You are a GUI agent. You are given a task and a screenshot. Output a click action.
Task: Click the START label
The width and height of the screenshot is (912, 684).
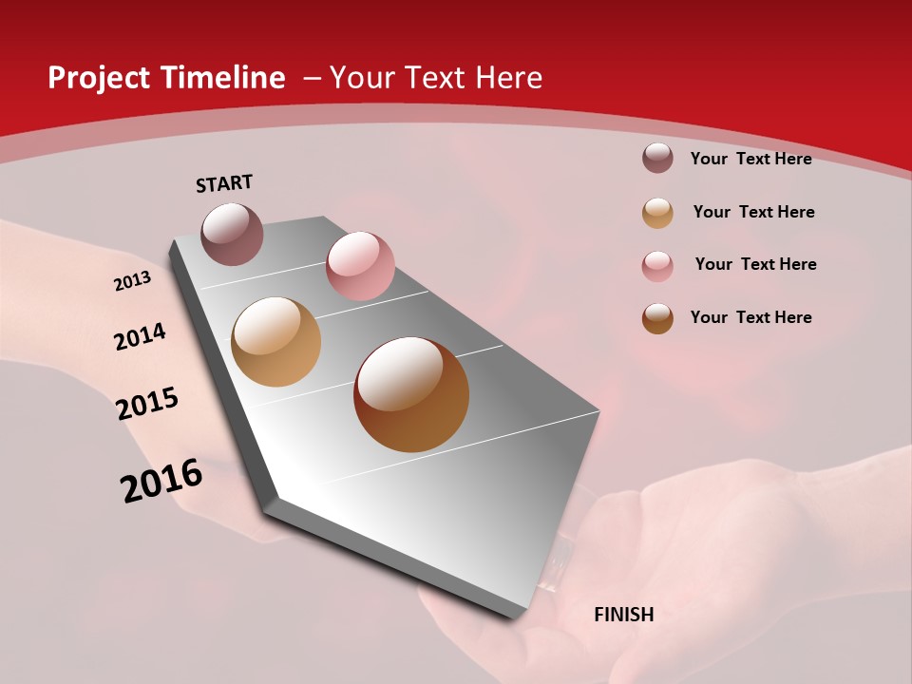(224, 183)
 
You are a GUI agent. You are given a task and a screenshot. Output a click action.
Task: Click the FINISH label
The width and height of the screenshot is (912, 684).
(623, 615)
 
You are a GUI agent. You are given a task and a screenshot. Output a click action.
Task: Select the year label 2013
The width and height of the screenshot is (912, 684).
(132, 281)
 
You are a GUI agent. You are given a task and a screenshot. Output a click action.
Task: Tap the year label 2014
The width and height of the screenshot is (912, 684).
(140, 337)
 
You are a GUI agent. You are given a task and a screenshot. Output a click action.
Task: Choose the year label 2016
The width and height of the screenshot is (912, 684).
(161, 481)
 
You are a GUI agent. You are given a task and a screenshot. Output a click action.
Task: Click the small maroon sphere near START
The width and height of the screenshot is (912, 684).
(232, 234)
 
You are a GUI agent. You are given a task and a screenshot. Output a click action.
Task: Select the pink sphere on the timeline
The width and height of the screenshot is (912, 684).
(360, 265)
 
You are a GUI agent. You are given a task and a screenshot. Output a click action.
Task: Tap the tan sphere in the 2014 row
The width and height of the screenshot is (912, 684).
(275, 342)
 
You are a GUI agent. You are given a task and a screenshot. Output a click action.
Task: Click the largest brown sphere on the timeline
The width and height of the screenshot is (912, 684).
(411, 394)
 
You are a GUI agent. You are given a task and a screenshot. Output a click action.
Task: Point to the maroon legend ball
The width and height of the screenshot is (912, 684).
(657, 158)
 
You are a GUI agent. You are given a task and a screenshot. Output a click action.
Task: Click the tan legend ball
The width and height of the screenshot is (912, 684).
(657, 212)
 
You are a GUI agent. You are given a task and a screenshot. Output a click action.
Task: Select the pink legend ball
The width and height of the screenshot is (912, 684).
(657, 265)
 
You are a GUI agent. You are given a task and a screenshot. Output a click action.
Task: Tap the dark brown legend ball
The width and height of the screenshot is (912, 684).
(657, 317)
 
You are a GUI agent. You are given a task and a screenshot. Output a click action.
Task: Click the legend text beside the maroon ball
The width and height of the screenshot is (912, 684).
(750, 159)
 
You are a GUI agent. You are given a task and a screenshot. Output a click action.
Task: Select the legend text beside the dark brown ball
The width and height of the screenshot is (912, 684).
(750, 317)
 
